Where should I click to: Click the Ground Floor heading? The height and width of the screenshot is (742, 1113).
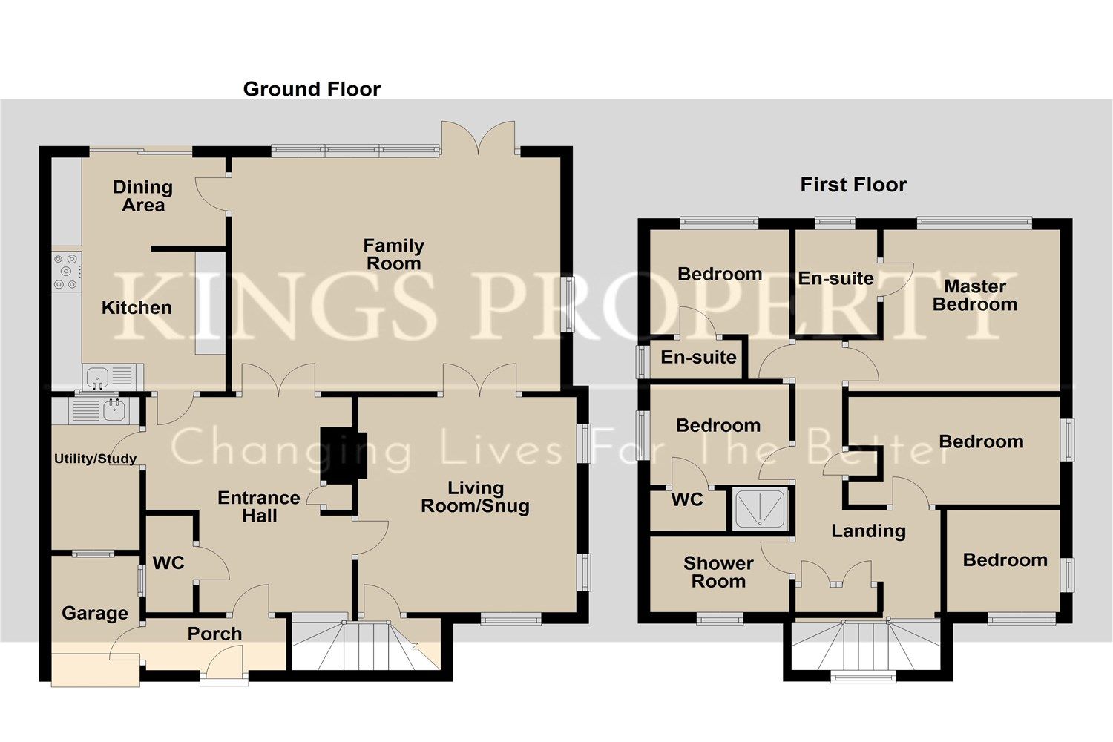point(312,90)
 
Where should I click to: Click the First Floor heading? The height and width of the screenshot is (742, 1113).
point(853,185)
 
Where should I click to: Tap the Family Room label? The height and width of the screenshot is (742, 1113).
point(393,255)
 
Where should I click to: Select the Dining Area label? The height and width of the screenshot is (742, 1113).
point(142,197)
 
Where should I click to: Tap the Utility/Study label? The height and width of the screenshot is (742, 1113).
point(95,459)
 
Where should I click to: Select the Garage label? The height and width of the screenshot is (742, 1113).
point(94,614)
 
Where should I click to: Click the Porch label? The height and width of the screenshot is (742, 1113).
point(214,634)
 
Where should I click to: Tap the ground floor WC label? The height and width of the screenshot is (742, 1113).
point(168,563)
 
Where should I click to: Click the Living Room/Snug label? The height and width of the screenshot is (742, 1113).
point(475,497)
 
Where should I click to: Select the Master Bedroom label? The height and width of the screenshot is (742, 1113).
point(974,295)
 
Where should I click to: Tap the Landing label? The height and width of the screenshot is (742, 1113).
point(868,531)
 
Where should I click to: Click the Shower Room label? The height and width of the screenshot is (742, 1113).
point(718,572)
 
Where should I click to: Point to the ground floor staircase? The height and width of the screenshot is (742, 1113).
point(364,645)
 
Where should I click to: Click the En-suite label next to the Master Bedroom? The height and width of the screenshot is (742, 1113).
point(835,278)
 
